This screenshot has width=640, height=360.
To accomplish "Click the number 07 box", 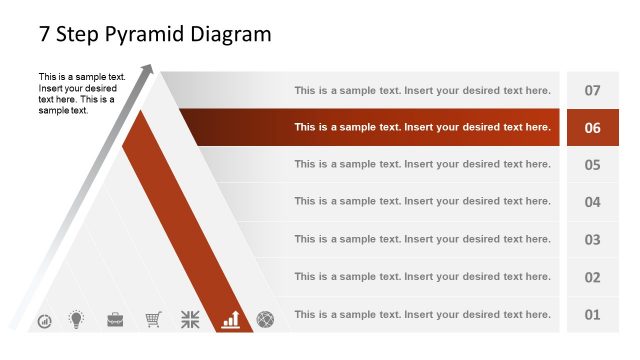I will (x=592, y=90).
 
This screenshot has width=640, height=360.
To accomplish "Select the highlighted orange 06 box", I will (x=592, y=128).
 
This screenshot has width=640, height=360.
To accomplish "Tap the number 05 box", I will (x=592, y=165).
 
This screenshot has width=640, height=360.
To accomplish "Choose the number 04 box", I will (x=592, y=202).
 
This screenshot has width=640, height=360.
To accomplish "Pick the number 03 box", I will (x=592, y=240).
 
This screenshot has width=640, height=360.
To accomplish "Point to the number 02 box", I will (x=592, y=277).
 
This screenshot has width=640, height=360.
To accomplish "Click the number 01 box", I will (x=592, y=315).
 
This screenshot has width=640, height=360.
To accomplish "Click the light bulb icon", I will (x=75, y=320).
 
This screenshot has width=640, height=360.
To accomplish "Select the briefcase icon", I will (x=115, y=320).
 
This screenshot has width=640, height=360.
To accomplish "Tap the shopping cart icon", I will (x=153, y=320).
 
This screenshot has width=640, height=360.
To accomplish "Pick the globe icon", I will (x=265, y=320).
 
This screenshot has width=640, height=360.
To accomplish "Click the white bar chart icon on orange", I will (x=231, y=319).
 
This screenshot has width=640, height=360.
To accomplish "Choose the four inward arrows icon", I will (x=190, y=320).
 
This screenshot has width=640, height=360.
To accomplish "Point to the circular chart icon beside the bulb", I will (x=45, y=321).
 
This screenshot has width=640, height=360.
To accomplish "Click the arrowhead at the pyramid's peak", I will (x=148, y=69).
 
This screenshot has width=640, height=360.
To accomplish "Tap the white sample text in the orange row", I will (x=422, y=127).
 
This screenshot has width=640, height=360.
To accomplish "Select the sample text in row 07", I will (x=422, y=90).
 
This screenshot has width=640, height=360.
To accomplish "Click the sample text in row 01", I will (x=422, y=314).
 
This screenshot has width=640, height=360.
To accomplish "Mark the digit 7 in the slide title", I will (x=45, y=34).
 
